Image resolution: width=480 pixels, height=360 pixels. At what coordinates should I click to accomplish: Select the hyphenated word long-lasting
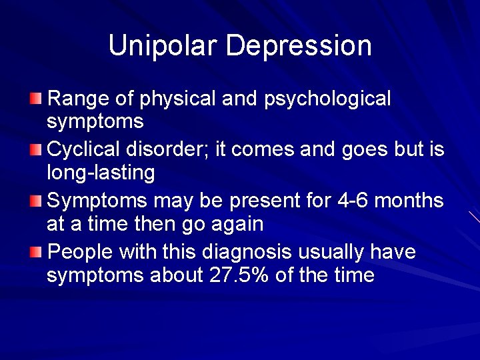101,173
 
